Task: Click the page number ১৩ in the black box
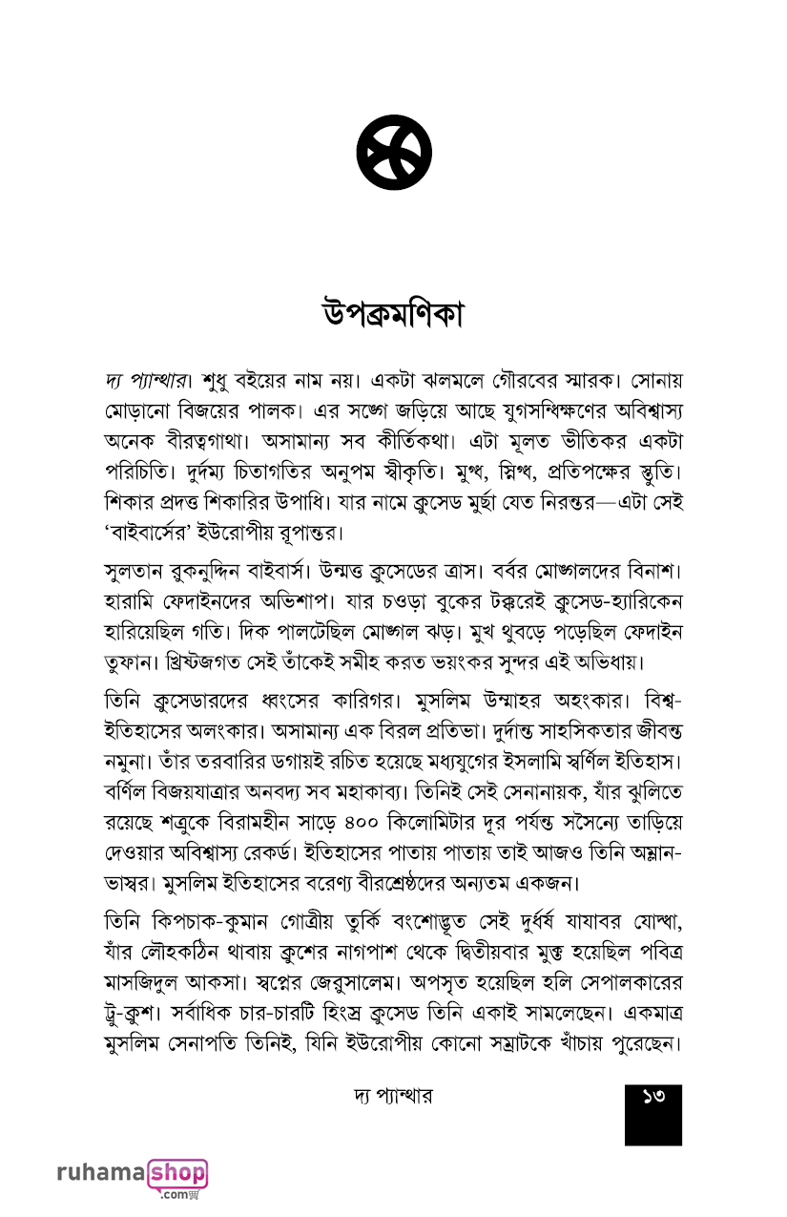pyautogui.click(x=653, y=1098)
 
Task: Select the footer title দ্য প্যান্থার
pyautogui.click(x=392, y=1097)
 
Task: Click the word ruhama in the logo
pyautogui.click(x=101, y=1172)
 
